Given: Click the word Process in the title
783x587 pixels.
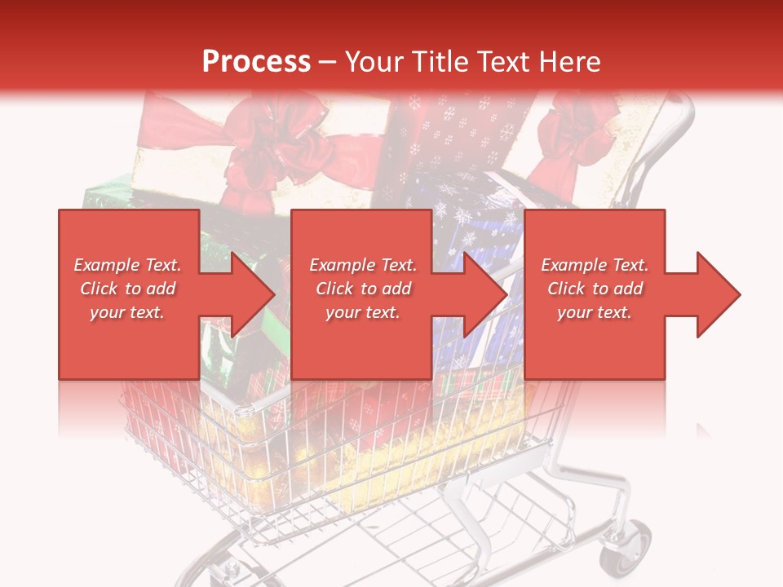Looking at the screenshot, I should (256, 62).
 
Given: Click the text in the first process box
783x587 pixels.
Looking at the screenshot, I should (128, 289).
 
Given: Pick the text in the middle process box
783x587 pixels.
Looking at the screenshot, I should (362, 289).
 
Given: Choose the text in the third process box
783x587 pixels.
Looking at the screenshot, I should (595, 289).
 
